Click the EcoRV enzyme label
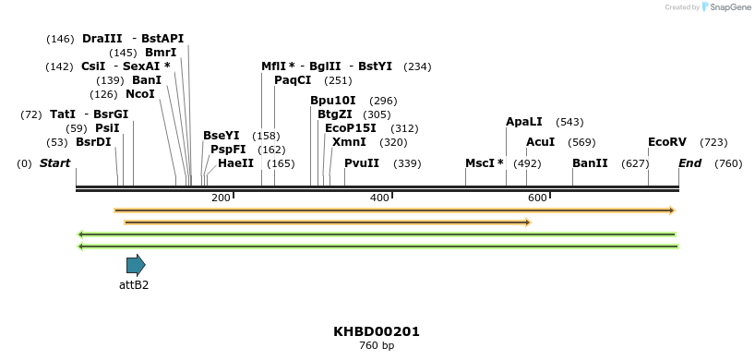click(x=666, y=142)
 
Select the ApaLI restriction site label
click(x=523, y=122)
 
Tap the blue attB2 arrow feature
click(x=136, y=265)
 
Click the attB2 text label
click(x=134, y=285)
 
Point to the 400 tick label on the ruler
click(x=379, y=198)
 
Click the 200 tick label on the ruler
click(x=221, y=198)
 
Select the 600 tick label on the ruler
click(x=537, y=198)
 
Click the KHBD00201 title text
click(x=377, y=331)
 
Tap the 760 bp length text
click(x=377, y=346)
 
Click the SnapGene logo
click(x=728, y=7)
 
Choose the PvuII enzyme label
click(x=362, y=163)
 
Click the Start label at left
click(x=54, y=163)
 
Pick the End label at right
click(x=689, y=163)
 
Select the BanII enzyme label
click(x=590, y=163)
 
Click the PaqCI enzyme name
click(x=293, y=80)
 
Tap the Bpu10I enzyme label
click(x=332, y=101)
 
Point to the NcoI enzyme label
click(x=140, y=94)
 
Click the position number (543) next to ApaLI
click(x=569, y=122)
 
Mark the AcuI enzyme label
click(x=540, y=142)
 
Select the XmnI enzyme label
click(x=349, y=142)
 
